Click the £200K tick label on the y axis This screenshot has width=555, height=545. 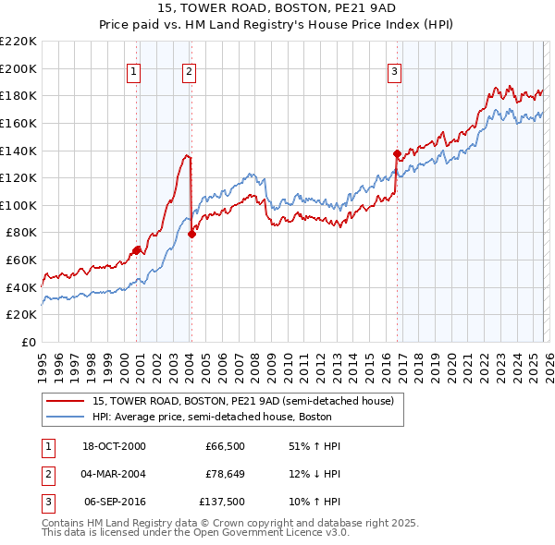[x=18, y=68]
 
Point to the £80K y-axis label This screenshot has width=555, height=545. [x=21, y=233]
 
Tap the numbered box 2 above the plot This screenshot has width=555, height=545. [x=189, y=72]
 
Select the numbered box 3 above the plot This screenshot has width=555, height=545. [x=395, y=72]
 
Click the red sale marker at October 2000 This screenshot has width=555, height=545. [x=137, y=249]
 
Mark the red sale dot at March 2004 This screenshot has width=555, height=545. [x=191, y=234]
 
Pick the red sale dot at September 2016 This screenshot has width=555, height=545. [x=397, y=153]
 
